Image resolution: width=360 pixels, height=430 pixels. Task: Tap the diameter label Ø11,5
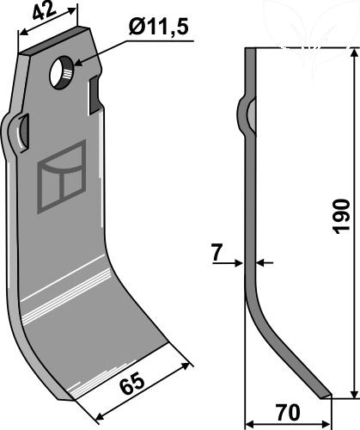[158, 28]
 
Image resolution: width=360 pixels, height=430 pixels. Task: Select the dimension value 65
[131, 384]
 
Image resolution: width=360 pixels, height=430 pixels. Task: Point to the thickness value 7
[217, 253]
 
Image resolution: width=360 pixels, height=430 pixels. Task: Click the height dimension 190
[341, 216]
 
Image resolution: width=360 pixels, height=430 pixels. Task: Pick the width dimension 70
[287, 412]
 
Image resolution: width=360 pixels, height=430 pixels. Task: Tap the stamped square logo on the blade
[62, 176]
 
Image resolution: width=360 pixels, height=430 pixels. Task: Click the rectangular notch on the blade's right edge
[95, 95]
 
